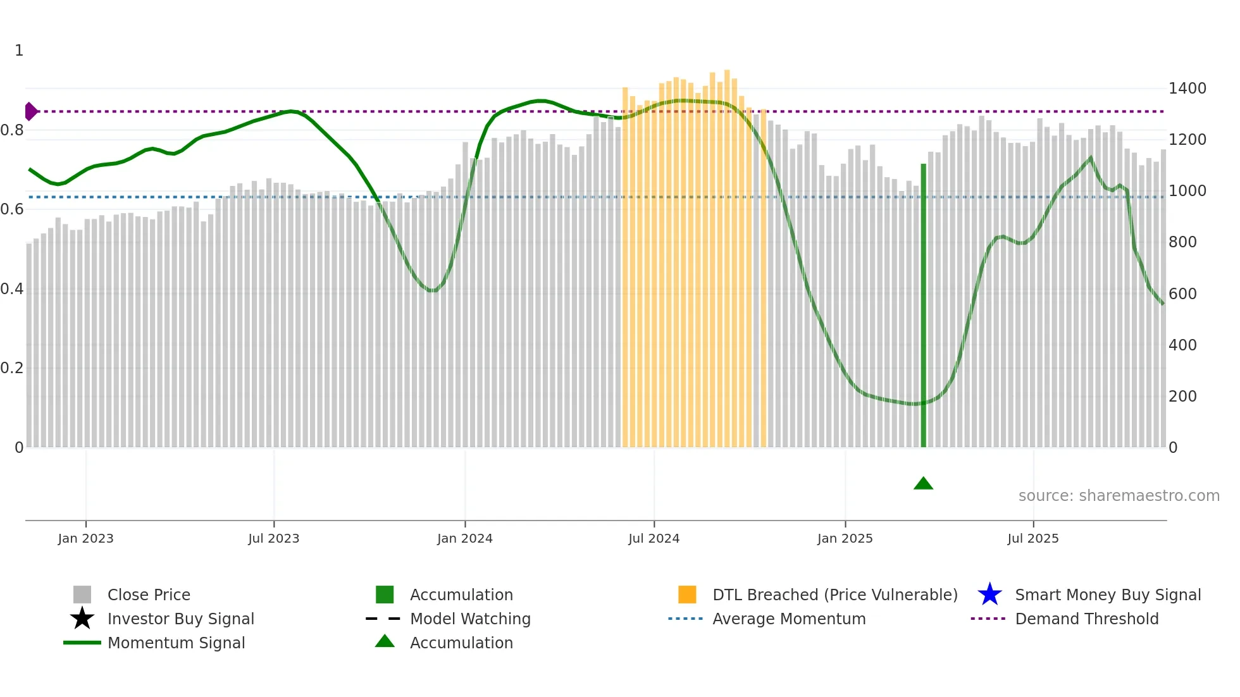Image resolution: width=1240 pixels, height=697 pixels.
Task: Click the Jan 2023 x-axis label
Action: (85, 538)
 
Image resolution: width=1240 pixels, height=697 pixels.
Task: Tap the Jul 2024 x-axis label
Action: (654, 538)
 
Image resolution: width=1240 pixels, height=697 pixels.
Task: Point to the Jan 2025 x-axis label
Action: (845, 538)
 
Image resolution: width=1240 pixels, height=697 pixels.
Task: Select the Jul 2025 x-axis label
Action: (1032, 538)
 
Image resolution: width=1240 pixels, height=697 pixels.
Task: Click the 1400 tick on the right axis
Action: (1187, 89)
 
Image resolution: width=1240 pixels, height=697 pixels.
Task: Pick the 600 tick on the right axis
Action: (1182, 294)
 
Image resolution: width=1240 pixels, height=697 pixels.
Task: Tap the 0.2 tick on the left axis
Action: (12, 368)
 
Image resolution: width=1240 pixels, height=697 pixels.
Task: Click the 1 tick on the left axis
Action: (19, 51)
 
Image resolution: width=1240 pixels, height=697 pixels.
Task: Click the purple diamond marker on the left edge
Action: (30, 111)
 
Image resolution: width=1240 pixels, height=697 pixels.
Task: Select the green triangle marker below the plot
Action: (923, 484)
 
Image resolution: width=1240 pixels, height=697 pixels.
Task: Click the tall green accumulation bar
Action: (923, 304)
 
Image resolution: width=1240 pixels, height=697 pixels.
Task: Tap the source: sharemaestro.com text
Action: (1119, 496)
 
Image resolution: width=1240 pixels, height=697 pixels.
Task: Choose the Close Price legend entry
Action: (149, 595)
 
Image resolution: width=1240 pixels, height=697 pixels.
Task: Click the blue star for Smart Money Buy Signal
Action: (989, 595)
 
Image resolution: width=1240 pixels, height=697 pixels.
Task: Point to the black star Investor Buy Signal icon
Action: (82, 619)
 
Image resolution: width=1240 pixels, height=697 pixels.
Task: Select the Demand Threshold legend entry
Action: (1086, 619)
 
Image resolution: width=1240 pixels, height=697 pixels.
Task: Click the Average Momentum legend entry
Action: (788, 619)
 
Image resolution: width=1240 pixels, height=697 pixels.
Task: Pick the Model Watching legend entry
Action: (470, 619)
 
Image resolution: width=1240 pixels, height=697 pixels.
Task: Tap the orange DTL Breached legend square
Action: (687, 595)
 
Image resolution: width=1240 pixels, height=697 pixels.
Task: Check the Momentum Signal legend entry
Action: (176, 643)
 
